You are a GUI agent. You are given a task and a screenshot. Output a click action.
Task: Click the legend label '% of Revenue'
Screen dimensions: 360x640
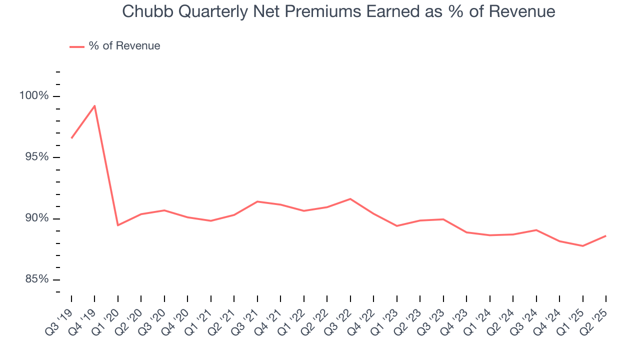[124, 46]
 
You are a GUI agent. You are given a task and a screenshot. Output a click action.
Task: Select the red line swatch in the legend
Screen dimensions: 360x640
[77, 46]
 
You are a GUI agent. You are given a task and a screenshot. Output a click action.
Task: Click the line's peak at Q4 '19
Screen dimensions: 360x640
[94, 105]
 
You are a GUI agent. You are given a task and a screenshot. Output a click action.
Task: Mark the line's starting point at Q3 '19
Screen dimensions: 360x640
[71, 138]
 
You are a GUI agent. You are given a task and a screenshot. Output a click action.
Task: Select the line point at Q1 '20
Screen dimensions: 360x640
[118, 225]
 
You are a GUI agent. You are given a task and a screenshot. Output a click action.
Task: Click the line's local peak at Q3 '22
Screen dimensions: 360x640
[350, 199]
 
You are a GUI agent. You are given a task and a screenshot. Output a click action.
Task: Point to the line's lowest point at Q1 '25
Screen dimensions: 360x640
[582, 246]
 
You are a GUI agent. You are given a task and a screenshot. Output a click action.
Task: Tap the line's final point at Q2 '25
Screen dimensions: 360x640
[605, 236]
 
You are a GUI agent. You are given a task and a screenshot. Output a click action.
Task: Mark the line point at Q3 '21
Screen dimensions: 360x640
[257, 201]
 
